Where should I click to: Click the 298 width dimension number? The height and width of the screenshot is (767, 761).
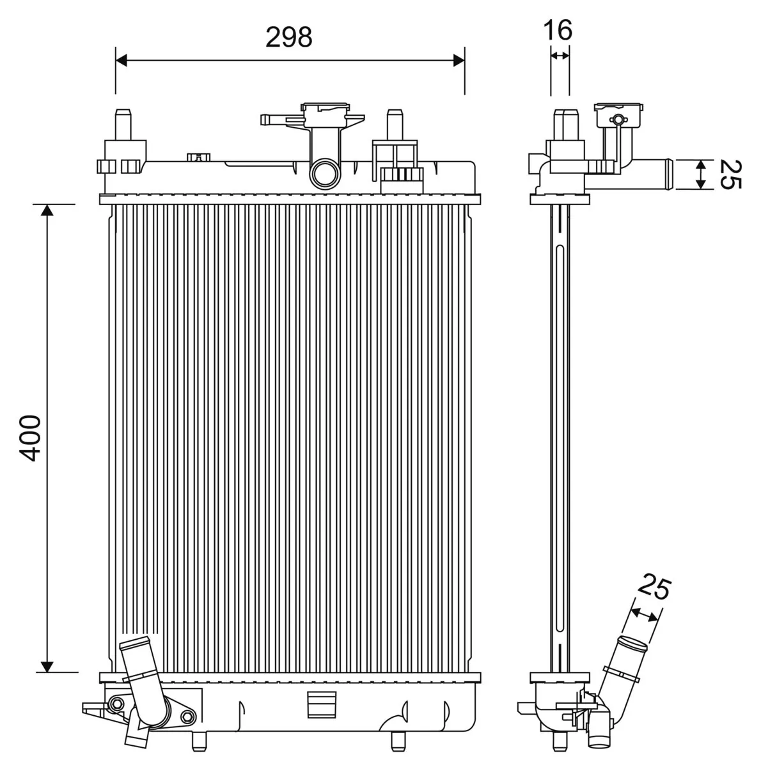(x=289, y=38)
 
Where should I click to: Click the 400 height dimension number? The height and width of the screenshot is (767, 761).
(x=30, y=438)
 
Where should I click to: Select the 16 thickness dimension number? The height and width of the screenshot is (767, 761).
(x=558, y=29)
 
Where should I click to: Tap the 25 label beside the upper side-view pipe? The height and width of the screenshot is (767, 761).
(x=730, y=174)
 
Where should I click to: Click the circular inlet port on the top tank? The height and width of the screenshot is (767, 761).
(x=324, y=174)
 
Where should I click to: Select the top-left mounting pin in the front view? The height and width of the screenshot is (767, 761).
(x=122, y=121)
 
